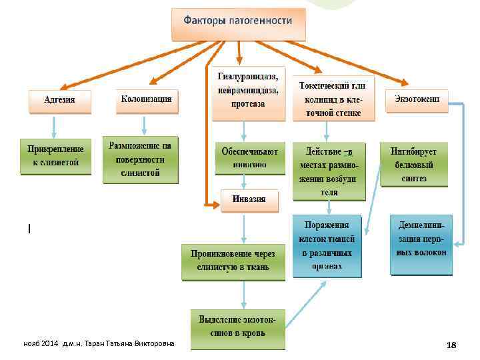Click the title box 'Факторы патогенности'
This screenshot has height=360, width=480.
point(239,22)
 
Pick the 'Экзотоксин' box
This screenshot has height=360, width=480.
point(417,99)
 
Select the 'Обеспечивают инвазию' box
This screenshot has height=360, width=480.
point(249,157)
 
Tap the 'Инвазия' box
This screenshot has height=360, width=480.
point(249,199)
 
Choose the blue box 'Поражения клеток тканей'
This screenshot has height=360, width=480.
point(327,245)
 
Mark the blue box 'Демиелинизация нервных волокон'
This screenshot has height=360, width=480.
point(421,244)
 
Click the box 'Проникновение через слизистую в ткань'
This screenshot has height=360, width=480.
point(233,261)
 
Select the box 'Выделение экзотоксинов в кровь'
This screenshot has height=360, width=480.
point(237,329)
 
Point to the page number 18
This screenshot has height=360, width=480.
point(451,345)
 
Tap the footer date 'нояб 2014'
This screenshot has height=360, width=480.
point(41,343)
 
